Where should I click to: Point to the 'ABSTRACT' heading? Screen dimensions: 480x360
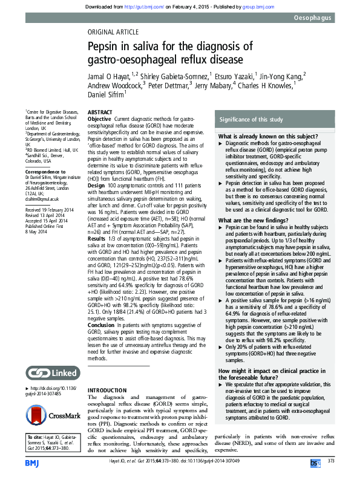100,113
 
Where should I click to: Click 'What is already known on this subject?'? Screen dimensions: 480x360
261,137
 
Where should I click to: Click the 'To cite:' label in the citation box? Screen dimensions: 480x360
38,436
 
